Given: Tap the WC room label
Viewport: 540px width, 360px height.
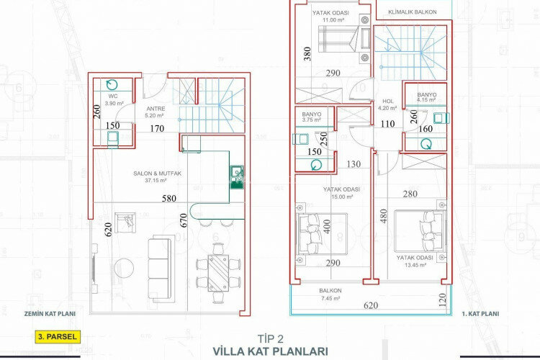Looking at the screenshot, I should pyautogui.click(x=112, y=95).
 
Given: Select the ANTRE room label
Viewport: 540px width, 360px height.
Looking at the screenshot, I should pyautogui.click(x=155, y=109).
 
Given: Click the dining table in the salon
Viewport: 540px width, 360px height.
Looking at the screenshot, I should pyautogui.click(x=217, y=273).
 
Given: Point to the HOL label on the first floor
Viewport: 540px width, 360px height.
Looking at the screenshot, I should pyautogui.click(x=387, y=102).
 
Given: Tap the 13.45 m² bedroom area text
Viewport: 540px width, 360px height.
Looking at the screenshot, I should pyautogui.click(x=415, y=264).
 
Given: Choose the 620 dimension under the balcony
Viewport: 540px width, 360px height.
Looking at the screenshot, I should pyautogui.click(x=370, y=305).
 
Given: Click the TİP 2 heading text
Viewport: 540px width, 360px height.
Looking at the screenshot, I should pyautogui.click(x=270, y=338).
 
